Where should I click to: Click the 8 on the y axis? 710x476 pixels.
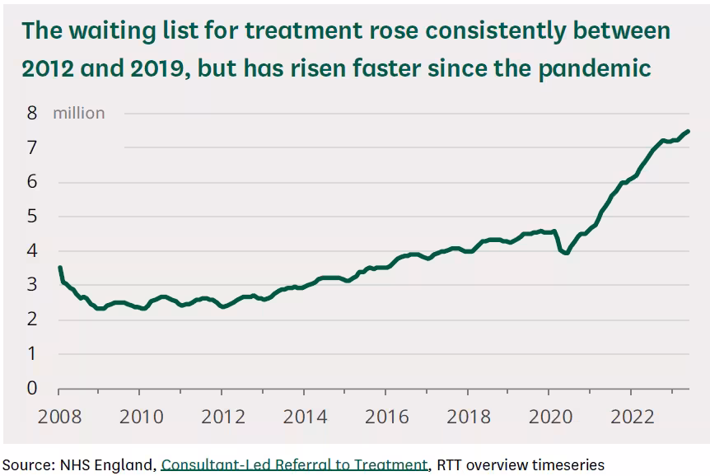pyautogui.click(x=32, y=113)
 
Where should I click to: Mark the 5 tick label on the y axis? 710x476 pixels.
pyautogui.click(x=32, y=216)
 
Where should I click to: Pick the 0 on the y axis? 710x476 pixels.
pyautogui.click(x=32, y=388)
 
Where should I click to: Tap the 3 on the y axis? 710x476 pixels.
pyautogui.click(x=32, y=285)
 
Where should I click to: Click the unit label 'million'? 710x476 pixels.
pyautogui.click(x=79, y=113)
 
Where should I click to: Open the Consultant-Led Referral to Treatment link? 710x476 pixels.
pyautogui.click(x=295, y=464)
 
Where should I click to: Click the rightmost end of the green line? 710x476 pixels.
pyautogui.click(x=688, y=131)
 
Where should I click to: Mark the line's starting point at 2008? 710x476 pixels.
pyautogui.click(x=59, y=268)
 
